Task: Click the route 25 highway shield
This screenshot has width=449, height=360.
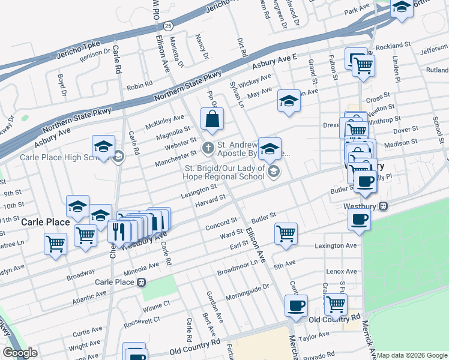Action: click(169, 26)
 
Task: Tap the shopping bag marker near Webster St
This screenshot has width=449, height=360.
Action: click(212, 120)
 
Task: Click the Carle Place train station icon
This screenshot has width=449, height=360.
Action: click(141, 282)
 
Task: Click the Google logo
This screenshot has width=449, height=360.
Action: click(20, 353)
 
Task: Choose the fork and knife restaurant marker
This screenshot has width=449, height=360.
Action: click(119, 230)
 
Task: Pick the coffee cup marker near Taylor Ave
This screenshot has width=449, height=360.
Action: click(295, 305)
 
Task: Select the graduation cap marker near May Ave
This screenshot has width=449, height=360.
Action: click(289, 100)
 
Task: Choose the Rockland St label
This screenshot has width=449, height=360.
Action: click(393, 46)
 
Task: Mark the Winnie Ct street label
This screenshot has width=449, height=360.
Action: click(139, 310)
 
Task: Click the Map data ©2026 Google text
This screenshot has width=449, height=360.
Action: click(412, 355)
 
